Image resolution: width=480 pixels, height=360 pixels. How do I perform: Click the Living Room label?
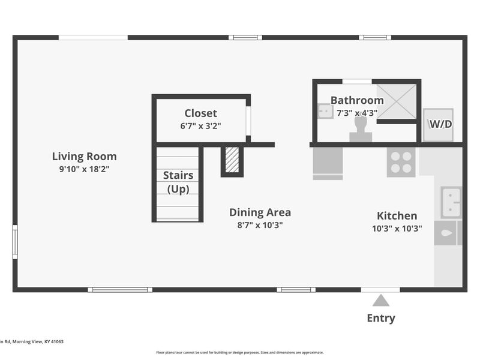click(84, 157)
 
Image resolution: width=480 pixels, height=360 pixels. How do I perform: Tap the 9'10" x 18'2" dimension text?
click(84, 169)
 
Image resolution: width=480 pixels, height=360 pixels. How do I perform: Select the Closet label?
click(200, 113)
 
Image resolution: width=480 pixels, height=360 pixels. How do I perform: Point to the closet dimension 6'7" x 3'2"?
click(200, 126)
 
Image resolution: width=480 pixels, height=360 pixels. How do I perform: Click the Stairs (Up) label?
click(178, 182)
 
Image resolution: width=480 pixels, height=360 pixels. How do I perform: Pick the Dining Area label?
click(260, 212)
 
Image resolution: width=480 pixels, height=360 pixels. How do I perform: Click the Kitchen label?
click(397, 216)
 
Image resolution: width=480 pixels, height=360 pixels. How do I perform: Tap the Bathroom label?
click(357, 100)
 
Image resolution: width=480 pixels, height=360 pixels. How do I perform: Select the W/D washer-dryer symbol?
click(438, 125)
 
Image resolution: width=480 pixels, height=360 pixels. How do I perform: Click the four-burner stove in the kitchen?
click(401, 162)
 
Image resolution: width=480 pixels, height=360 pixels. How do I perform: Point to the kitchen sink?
click(451, 202)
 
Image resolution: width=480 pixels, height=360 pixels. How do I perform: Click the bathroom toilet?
click(361, 130)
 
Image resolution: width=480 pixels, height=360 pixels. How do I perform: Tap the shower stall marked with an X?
click(397, 101)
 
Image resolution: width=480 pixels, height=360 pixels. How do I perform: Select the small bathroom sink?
click(325, 111)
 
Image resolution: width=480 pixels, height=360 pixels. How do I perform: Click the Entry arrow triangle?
click(381, 301)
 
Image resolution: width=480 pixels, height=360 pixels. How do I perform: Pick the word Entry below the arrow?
click(381, 319)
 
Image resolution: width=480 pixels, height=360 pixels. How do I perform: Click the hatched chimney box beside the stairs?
click(232, 160)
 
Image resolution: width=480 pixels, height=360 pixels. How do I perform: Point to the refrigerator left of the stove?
click(328, 163)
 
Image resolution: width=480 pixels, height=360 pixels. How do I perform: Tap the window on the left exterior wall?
click(14, 242)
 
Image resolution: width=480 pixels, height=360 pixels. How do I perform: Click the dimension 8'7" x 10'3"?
click(260, 226)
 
